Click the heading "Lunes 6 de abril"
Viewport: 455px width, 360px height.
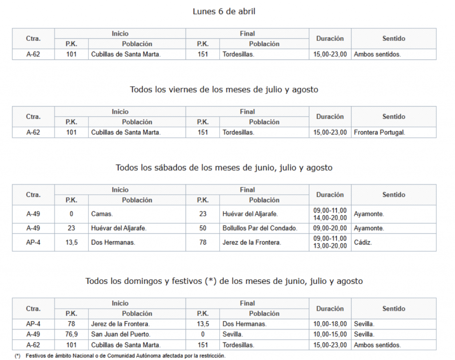[x=224, y=12]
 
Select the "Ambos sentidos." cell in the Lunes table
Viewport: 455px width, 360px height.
[x=377, y=54]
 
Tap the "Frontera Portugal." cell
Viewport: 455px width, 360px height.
[x=379, y=132]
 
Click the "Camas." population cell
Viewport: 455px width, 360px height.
[x=102, y=214]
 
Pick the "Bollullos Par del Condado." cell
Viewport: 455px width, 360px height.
[x=259, y=228]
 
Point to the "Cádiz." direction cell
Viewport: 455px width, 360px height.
[x=363, y=243]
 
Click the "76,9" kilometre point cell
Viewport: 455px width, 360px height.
[x=71, y=334]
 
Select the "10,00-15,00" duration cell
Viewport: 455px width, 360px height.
[x=330, y=334]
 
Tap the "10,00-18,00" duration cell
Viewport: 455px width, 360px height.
[x=330, y=324]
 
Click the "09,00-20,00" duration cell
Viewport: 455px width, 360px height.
[x=330, y=228]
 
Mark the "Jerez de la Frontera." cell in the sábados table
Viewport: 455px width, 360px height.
[x=251, y=243]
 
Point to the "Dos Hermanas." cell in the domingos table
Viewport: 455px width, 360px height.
[x=244, y=324]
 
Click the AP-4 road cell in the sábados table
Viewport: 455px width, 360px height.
[x=33, y=243]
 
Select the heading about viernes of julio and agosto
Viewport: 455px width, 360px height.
[x=224, y=89]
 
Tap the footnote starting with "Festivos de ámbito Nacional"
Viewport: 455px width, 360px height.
[x=125, y=356]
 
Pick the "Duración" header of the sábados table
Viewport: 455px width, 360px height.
[x=330, y=195]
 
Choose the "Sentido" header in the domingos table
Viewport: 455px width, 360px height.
[x=394, y=308]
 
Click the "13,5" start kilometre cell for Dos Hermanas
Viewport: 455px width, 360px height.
[x=71, y=243]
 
